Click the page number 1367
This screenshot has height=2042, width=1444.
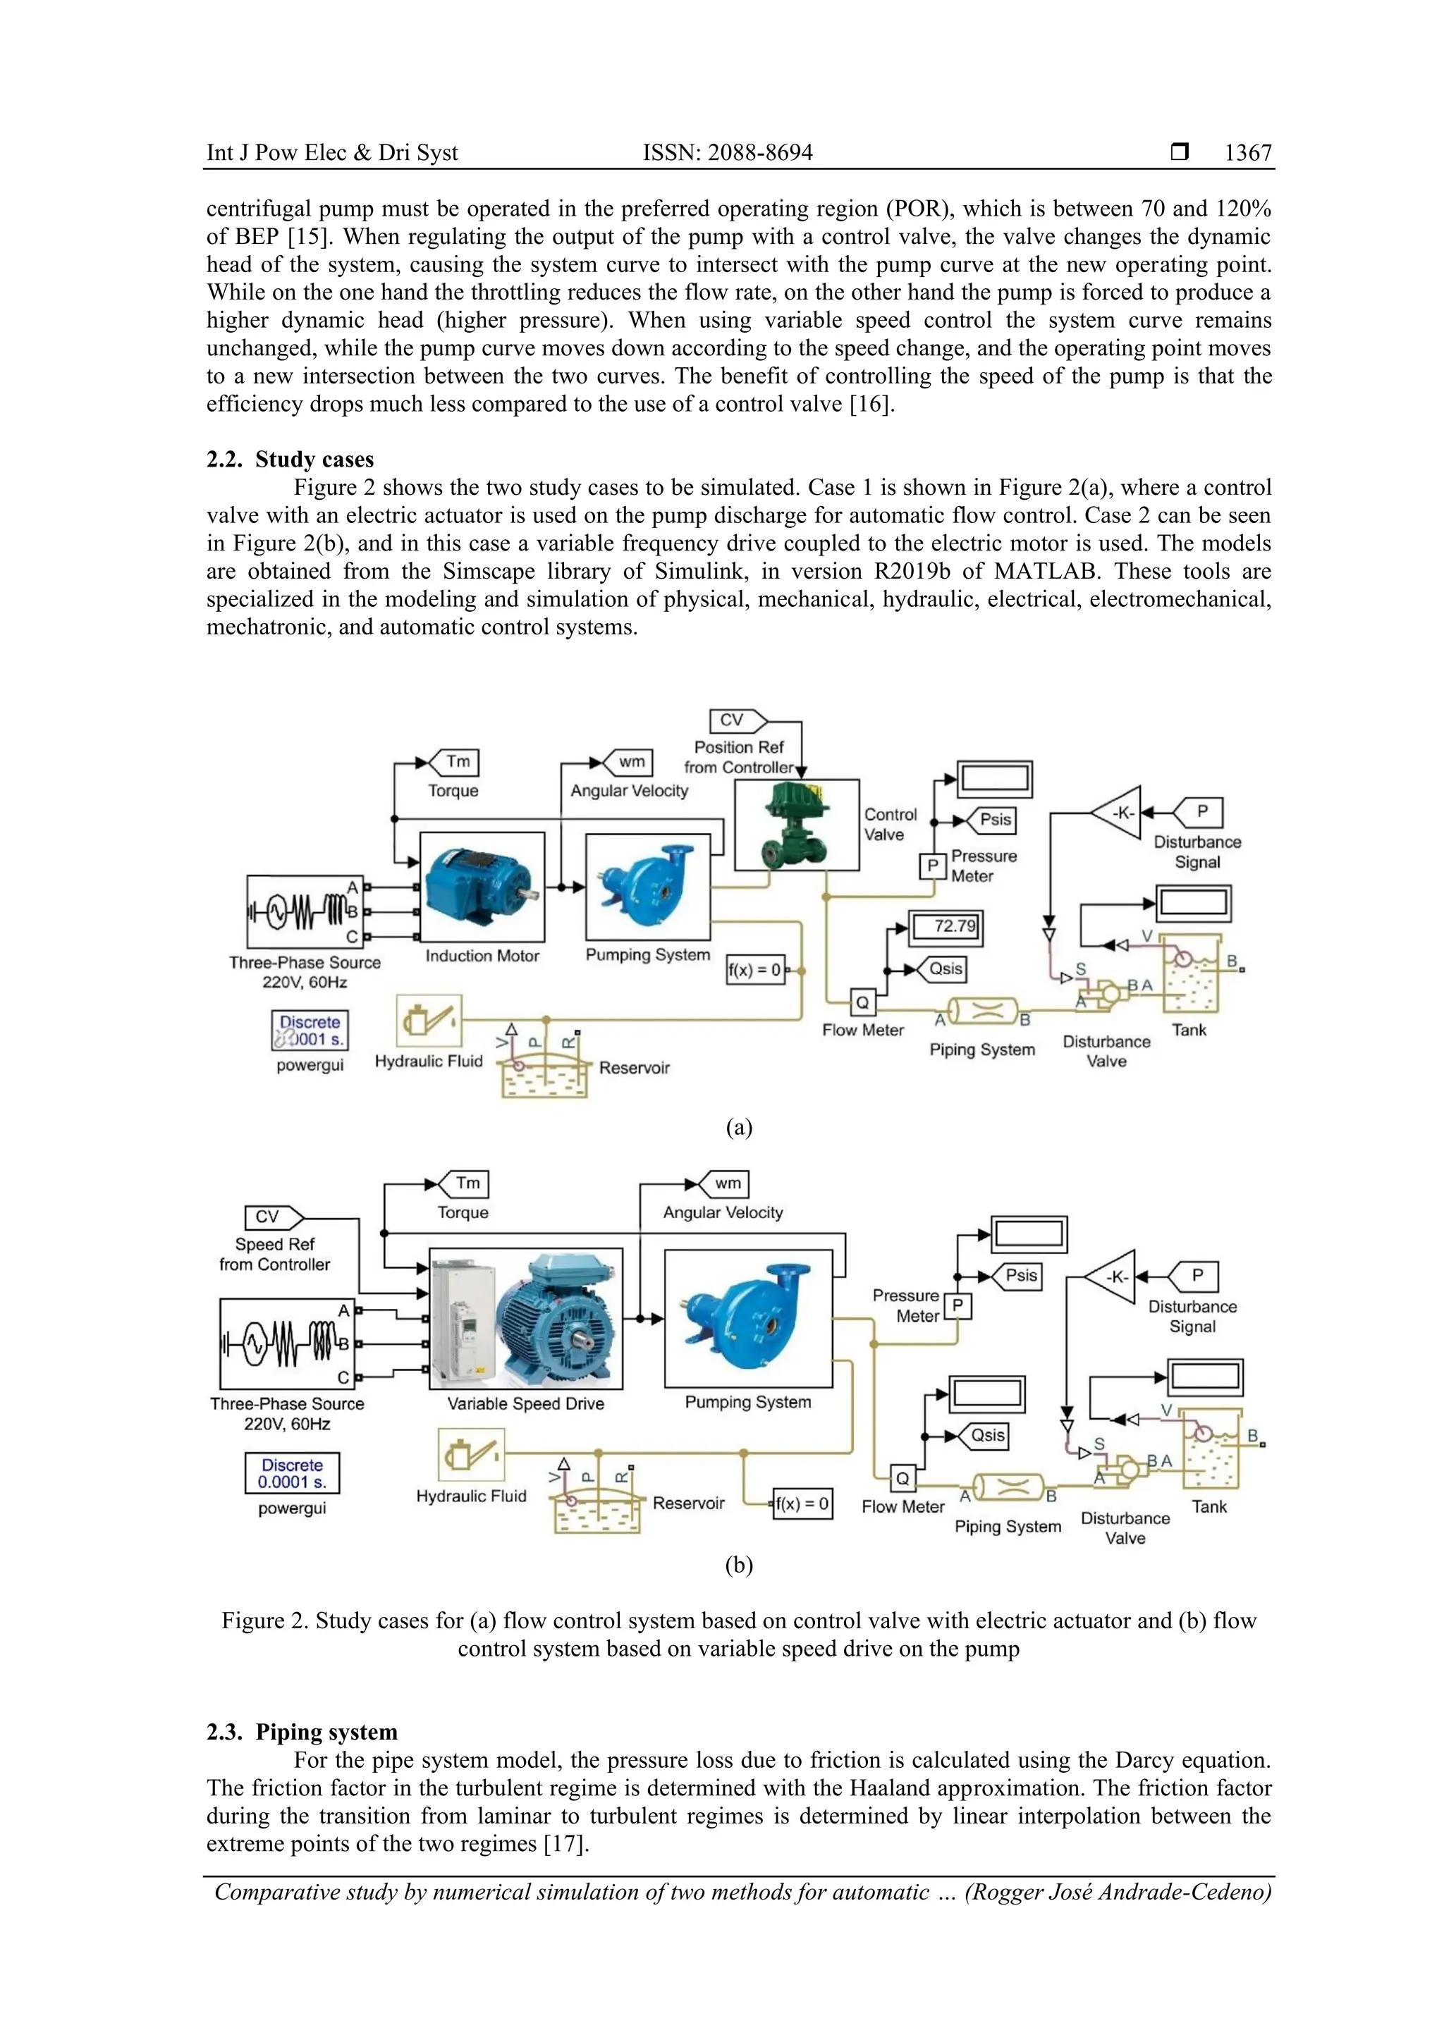point(1247,153)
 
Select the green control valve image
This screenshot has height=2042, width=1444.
point(796,825)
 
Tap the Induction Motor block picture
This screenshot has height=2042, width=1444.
point(482,887)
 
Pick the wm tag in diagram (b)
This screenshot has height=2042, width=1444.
point(726,1183)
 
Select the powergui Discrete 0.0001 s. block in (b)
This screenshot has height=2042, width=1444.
point(292,1474)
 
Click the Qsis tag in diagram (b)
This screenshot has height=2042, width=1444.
point(986,1435)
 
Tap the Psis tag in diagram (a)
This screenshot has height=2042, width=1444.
point(992,820)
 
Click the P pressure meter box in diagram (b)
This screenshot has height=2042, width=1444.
point(958,1305)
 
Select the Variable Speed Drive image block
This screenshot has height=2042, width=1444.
point(526,1318)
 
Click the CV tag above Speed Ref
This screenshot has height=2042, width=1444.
point(269,1217)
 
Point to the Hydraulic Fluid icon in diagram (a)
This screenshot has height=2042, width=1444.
point(429,1021)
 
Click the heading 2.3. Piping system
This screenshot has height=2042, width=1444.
point(302,1732)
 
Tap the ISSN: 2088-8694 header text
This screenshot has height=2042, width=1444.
point(728,153)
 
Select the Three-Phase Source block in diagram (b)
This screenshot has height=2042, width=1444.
point(286,1344)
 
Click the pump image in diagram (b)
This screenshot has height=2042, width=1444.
point(748,1318)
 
